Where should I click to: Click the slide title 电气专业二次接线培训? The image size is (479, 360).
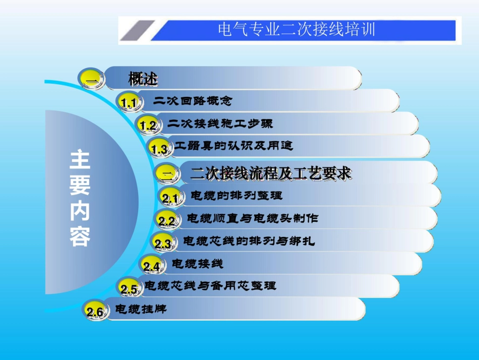coord(296,29)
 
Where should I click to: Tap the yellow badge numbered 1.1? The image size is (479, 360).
coord(128,103)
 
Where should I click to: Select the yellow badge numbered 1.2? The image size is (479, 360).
coord(148,125)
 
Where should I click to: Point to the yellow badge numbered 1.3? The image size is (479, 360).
coord(159,149)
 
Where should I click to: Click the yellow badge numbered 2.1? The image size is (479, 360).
coord(171,198)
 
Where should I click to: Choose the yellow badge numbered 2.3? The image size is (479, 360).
coord(163,244)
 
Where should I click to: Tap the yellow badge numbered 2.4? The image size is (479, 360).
coord(151,266)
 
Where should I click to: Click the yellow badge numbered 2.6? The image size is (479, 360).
coord(95,312)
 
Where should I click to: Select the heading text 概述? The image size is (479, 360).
coord(143,79)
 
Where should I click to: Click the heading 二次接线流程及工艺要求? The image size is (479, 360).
coord(271,174)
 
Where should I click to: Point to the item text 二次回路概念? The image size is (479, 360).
coord(193,101)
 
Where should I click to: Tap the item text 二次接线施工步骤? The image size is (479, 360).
coord(220,123)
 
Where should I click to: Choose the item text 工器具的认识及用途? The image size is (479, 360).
coord(233,146)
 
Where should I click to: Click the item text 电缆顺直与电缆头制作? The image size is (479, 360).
coord(253,218)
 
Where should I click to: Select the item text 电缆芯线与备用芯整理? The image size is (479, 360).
coord(210,286)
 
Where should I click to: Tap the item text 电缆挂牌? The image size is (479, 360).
coord(141,309)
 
